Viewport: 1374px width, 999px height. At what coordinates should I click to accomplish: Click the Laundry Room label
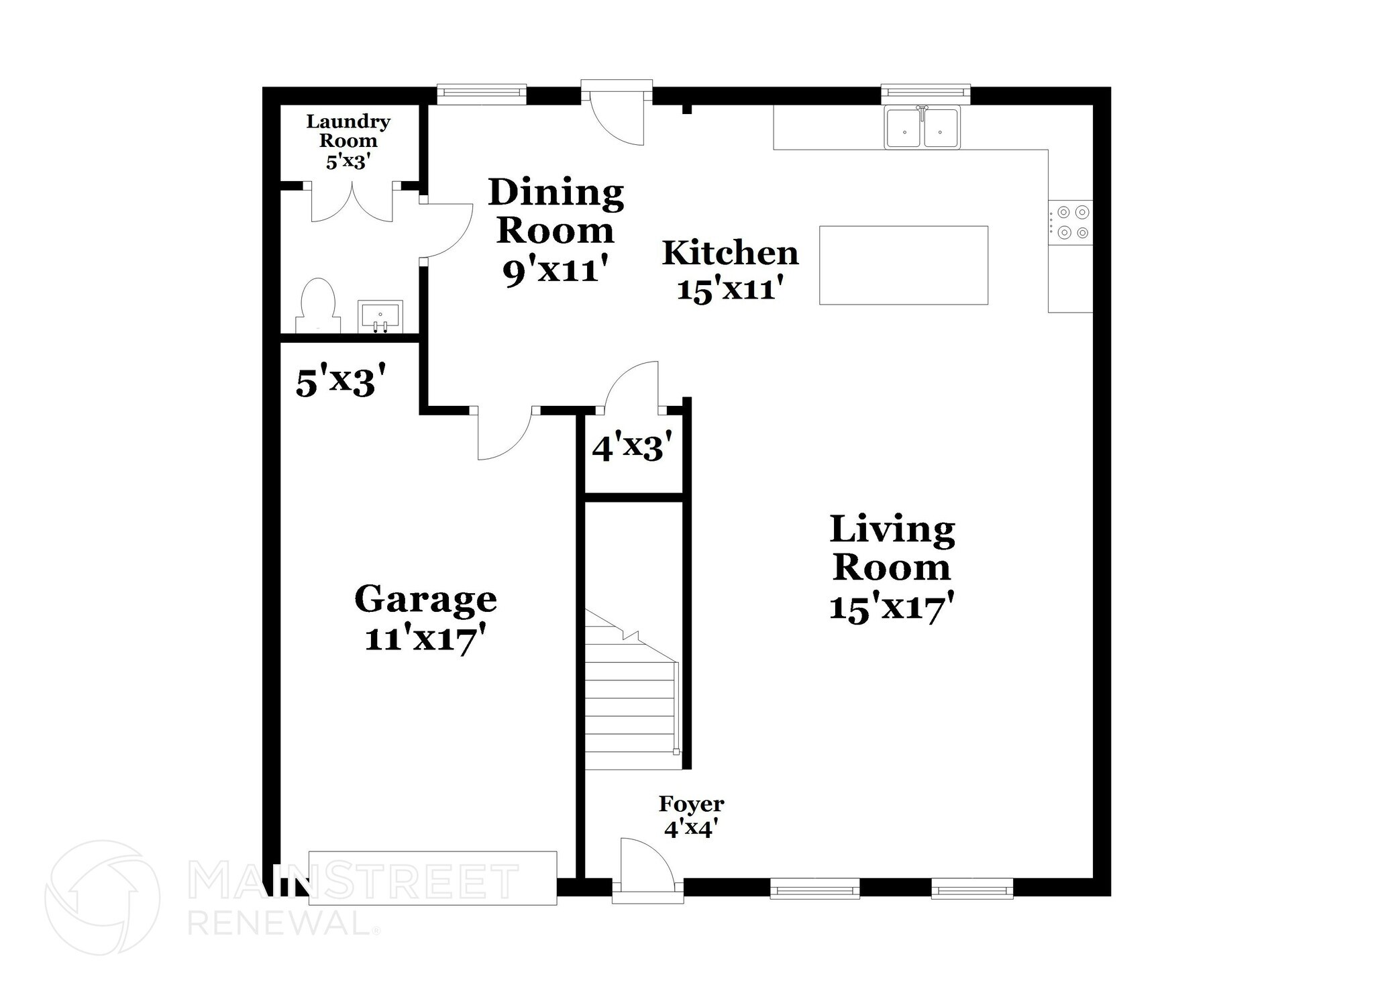(x=348, y=141)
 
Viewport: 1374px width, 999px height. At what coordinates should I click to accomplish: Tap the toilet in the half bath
(x=318, y=306)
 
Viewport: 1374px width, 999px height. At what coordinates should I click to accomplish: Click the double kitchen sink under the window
(x=922, y=127)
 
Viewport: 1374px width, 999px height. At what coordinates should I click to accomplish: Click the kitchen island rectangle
(x=903, y=265)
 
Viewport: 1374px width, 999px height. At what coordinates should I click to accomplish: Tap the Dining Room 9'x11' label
(x=555, y=231)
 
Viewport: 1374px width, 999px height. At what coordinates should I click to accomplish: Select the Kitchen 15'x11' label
(x=730, y=270)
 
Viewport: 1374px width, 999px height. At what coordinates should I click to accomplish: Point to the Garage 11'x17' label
(x=425, y=617)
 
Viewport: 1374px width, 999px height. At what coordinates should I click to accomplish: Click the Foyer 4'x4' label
(x=691, y=816)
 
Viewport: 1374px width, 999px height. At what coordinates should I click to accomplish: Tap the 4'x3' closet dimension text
(x=632, y=447)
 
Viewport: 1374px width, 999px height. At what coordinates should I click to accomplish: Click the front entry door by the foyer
(x=645, y=867)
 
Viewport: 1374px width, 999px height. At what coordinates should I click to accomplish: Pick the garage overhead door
(x=432, y=878)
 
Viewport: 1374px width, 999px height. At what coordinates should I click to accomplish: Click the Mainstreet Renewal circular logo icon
(x=103, y=898)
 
